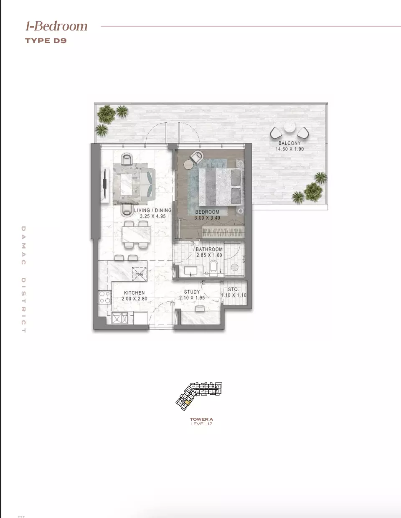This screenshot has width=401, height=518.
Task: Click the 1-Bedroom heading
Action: [56, 26]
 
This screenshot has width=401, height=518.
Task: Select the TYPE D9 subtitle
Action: [46, 41]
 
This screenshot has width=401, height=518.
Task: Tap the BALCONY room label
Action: [289, 143]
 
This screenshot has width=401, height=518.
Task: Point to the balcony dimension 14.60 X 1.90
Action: [289, 149]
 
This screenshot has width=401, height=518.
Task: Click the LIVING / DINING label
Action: [152, 210]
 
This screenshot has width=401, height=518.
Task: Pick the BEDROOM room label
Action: [207, 212]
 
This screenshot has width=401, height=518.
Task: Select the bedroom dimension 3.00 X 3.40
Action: [207, 218]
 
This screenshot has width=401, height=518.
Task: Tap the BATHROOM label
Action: [209, 249]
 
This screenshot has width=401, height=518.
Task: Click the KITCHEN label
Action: [135, 293]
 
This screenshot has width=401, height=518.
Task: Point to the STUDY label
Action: [192, 292]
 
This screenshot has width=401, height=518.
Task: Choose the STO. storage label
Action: [233, 289]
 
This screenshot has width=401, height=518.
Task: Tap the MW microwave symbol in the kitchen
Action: [139, 274]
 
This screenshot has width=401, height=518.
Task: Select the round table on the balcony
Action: [289, 127]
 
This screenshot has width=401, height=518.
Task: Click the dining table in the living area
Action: [137, 236]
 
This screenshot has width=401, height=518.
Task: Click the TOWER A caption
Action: [201, 419]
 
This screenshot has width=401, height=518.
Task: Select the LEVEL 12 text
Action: [201, 424]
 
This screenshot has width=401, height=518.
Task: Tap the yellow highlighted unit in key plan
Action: [188, 402]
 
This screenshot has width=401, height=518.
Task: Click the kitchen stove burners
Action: [105, 297]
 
